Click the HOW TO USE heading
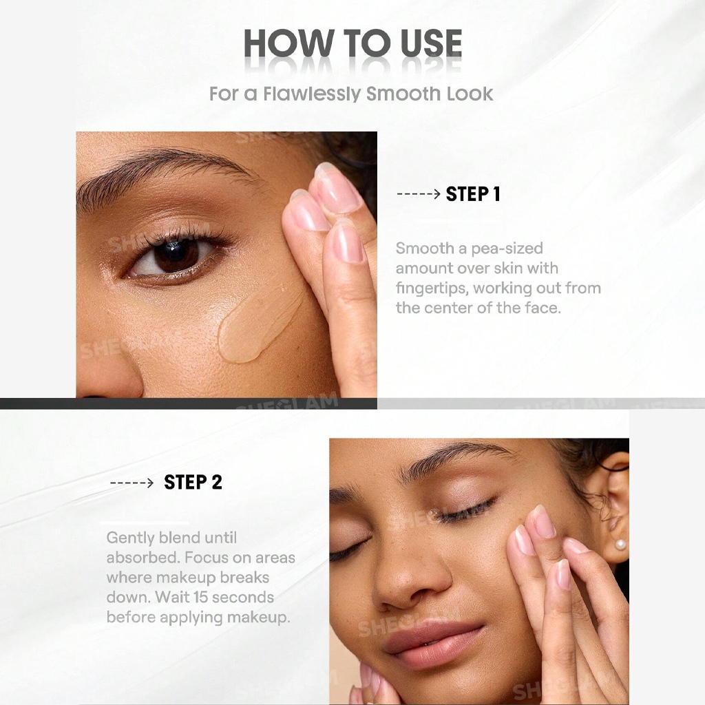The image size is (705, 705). pos(352,43)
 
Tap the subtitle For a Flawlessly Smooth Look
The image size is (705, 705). pos(351,94)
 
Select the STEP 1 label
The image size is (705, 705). pos(473,194)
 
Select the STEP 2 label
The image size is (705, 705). pos(193,483)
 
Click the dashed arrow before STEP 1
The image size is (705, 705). pos(419,194)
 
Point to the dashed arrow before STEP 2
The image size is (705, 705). pos(131,483)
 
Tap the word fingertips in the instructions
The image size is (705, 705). pos(432,288)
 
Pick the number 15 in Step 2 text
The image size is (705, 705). pos(200,598)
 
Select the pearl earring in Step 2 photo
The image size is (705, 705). pos(620,545)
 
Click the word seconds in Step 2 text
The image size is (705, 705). pos(243,598)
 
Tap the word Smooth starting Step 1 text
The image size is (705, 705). pos(425,248)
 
